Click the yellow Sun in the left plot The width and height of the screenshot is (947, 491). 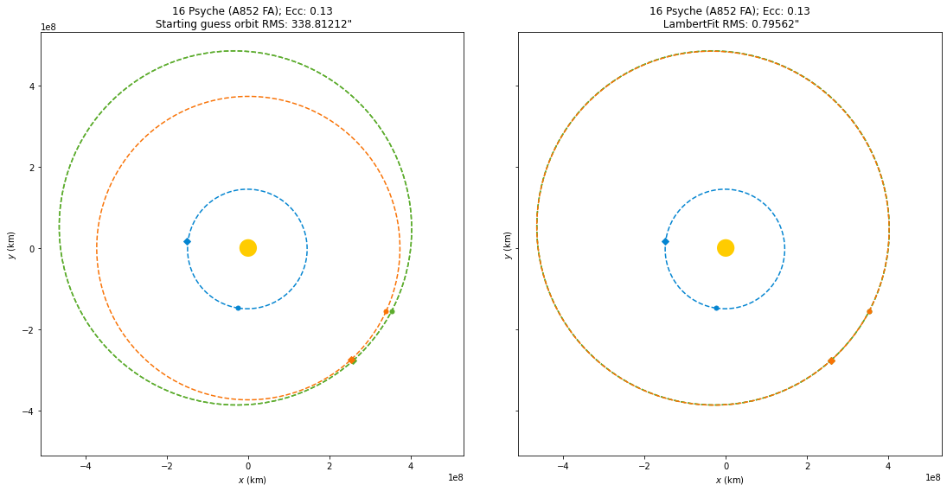click(248, 248)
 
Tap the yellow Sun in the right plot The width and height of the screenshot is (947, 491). click(726, 248)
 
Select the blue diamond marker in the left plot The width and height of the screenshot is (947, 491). click(187, 241)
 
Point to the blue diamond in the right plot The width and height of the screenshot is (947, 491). click(665, 241)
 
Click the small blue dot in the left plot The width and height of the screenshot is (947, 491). click(238, 308)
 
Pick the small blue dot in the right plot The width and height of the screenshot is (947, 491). click(716, 308)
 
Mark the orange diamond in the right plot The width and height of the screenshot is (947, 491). click(831, 360)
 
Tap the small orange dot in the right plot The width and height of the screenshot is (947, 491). click(869, 311)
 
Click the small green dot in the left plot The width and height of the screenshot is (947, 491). click(392, 311)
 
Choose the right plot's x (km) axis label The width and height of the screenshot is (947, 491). click(729, 480)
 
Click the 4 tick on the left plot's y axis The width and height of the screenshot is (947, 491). click(29, 86)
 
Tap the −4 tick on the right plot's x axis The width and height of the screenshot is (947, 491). click(563, 466)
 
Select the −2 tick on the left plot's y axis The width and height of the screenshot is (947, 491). click(26, 330)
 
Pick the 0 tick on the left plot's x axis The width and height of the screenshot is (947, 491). click(248, 466)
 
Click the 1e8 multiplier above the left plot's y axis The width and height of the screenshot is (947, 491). click(49, 28)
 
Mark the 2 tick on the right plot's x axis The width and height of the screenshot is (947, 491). click(807, 466)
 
